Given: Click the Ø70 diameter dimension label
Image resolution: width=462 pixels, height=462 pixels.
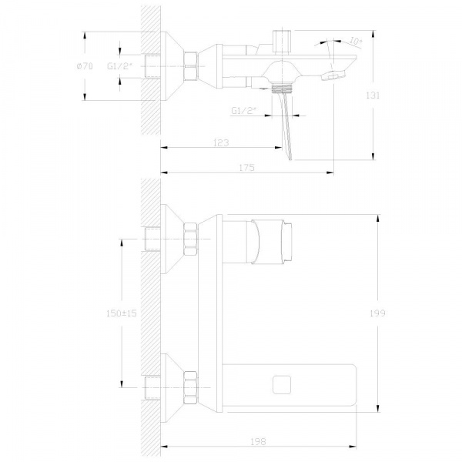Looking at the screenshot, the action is (85, 66).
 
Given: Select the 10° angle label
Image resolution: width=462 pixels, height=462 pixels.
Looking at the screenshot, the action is (356, 41).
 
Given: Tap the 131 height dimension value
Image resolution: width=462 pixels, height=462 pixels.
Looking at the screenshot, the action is (373, 95).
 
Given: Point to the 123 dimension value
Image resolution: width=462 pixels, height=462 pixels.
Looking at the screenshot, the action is (221, 143).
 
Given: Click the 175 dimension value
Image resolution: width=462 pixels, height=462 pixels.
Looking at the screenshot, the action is (246, 168).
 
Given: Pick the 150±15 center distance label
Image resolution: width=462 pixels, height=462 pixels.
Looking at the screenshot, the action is (122, 313).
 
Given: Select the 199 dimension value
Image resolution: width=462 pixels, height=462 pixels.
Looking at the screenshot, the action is (377, 313).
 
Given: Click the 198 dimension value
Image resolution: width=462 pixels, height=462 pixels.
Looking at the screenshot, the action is (258, 441).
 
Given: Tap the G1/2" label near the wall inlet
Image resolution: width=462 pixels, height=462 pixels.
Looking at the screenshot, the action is (119, 66).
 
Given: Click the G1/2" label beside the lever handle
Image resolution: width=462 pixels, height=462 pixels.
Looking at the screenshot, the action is (243, 110).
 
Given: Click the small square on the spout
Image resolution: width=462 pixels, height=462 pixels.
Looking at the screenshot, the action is (282, 385).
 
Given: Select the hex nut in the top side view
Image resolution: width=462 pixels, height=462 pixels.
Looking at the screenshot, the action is (191, 66).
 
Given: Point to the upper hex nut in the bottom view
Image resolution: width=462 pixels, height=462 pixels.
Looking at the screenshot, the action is (190, 239).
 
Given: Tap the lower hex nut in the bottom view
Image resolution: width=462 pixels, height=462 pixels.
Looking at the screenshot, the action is (190, 388).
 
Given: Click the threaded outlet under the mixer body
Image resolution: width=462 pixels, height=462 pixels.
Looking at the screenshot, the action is (282, 89).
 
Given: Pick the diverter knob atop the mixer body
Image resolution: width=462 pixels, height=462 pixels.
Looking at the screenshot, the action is (282, 42).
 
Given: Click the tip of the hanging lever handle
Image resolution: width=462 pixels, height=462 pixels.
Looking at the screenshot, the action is (290, 160).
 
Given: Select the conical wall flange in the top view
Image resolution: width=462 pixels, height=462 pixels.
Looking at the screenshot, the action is (172, 66).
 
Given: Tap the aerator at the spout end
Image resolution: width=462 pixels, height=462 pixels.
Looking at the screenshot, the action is (333, 75).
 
